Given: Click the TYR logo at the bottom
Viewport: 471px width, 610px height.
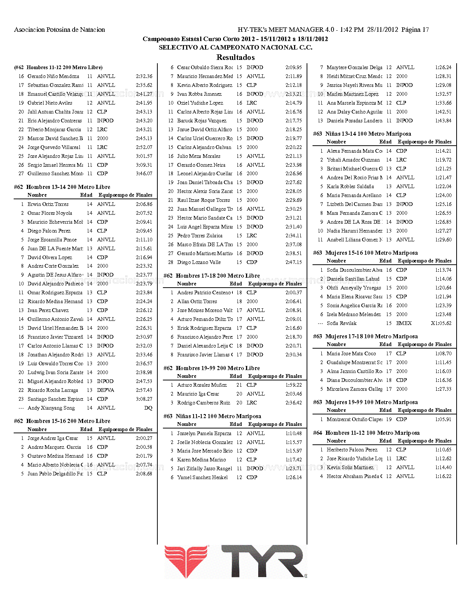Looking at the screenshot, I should click(x=236, y=562).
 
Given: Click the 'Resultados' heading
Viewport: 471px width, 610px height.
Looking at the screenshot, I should click(x=235, y=57).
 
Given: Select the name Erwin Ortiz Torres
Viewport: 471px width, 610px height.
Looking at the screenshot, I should click(x=48, y=204).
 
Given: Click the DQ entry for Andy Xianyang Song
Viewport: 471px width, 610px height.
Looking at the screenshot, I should click(x=148, y=408).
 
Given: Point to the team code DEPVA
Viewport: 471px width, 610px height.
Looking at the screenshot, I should click(x=106, y=390).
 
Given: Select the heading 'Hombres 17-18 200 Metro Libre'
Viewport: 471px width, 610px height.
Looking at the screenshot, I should click(x=218, y=276).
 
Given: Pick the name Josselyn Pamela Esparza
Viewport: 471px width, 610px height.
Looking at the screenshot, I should click(x=204, y=433).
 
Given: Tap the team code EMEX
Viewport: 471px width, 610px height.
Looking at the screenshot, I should click(x=404, y=323).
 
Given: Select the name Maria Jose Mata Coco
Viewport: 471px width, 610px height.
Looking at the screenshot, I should click(x=351, y=353).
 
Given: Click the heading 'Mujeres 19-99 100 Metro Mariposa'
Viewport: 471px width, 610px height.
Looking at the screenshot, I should click(x=371, y=402).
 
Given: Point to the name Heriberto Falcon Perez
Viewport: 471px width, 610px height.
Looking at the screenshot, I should click(x=352, y=450).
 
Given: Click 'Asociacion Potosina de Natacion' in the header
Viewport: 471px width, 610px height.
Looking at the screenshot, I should click(x=59, y=30).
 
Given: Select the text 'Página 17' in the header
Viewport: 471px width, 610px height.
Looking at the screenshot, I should click(x=415, y=30).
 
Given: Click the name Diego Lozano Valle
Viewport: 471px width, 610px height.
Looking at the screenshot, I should click(x=199, y=262).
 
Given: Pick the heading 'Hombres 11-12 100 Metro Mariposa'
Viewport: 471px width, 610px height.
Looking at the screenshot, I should click(x=372, y=433).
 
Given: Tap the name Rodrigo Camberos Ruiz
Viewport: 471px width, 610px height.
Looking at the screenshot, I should click(x=204, y=403).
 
